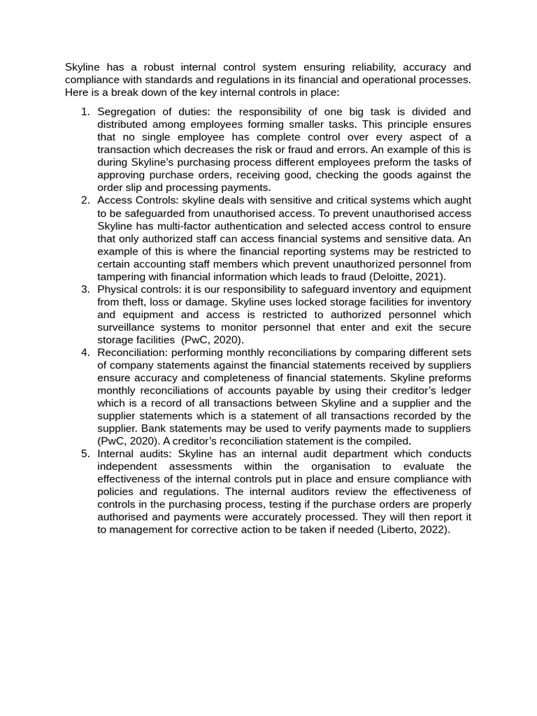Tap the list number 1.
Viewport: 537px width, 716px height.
(x=85, y=112)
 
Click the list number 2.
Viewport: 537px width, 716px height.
(x=85, y=201)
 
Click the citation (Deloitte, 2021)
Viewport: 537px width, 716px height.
(x=407, y=277)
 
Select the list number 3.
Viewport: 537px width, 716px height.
(x=85, y=289)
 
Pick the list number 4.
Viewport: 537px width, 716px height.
(x=85, y=352)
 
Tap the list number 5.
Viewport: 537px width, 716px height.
(x=85, y=453)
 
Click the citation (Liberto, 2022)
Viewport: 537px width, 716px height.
(x=413, y=529)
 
